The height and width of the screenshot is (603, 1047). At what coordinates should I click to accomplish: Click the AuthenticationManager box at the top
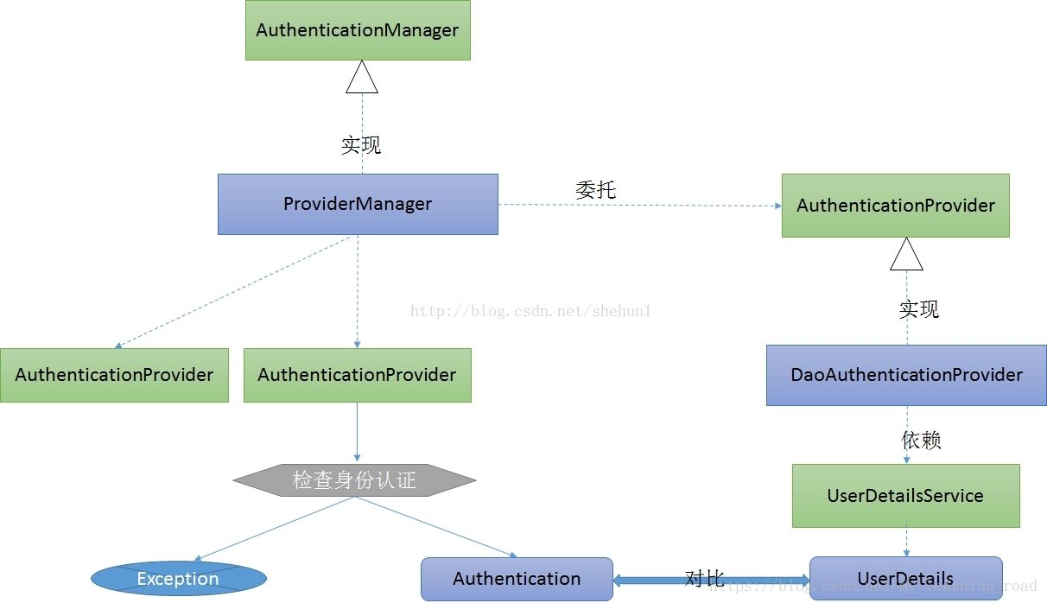358,30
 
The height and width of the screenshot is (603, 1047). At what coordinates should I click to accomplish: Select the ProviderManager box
358,204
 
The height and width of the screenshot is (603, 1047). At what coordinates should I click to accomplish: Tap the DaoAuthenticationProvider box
906,375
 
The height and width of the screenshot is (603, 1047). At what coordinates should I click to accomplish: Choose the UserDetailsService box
905,496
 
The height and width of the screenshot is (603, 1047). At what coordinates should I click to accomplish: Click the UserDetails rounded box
905,579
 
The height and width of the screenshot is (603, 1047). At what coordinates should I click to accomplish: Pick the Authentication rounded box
517,579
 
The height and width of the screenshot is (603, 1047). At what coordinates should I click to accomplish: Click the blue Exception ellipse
178,579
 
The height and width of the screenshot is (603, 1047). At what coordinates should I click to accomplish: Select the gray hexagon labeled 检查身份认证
354,480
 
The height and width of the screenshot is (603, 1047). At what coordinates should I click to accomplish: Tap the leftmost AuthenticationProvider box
114,375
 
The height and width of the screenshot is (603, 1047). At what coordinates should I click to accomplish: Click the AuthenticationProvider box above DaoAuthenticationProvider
895,206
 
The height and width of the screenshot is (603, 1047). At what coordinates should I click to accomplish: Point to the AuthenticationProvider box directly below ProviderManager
357,375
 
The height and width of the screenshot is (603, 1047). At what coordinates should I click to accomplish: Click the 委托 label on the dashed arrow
595,189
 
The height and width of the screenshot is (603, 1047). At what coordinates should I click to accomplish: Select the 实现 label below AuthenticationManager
361,145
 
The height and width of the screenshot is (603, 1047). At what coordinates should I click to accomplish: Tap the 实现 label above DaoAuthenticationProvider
919,309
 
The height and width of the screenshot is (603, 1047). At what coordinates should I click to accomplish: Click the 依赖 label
921,440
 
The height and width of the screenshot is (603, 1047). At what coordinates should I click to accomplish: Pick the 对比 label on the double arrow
704,578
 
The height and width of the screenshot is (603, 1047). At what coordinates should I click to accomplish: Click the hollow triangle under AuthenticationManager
362,78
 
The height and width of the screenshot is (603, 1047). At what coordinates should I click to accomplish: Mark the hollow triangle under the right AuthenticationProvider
907,255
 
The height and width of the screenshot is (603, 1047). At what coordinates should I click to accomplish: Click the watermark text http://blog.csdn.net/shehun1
530,311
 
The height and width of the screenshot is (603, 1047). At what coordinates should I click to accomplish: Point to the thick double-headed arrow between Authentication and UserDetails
657,581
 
